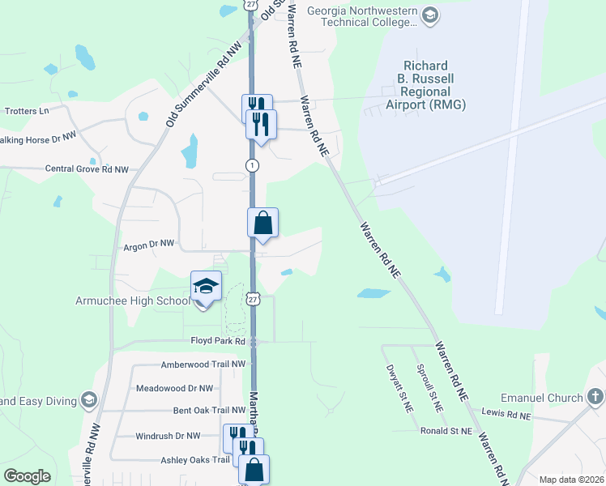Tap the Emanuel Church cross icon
pyautogui.click(x=595, y=397)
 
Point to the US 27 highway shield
pyautogui.click(x=254, y=299)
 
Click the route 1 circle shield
pyautogui.click(x=253, y=165)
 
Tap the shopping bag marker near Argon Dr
pyautogui.click(x=263, y=223)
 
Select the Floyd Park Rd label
pyautogui.click(x=217, y=341)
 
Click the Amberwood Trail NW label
pyautogui.click(x=203, y=364)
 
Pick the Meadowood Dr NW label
pyautogui.click(x=174, y=388)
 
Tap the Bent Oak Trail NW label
pyautogui.click(x=203, y=411)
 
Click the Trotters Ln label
pyautogui.click(x=27, y=110)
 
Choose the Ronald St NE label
pyautogui.click(x=446, y=432)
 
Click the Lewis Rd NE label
pyautogui.click(x=506, y=415)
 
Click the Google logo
pyautogui.click(x=27, y=477)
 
